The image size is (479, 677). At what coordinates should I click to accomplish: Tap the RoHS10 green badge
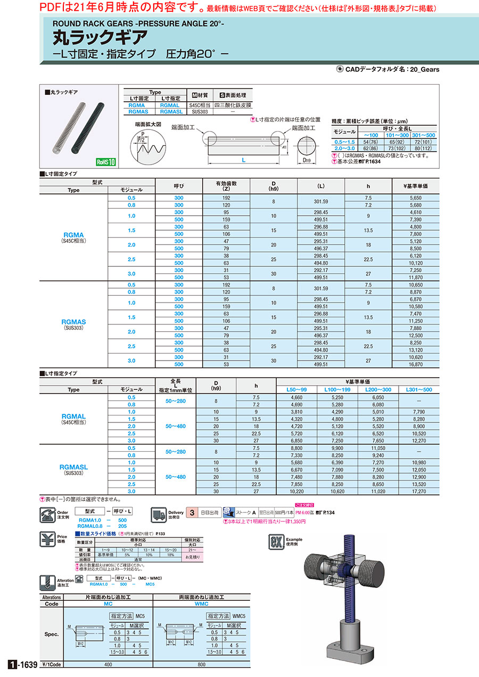pyautogui.click(x=106, y=162)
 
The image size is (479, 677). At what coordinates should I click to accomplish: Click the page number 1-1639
pyautogui.click(x=22, y=664)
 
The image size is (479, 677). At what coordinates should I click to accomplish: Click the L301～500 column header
pyautogui.click(x=419, y=389)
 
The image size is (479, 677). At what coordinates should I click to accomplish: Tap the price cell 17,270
pyautogui.click(x=419, y=492)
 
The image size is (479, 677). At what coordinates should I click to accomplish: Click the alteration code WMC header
pyautogui.click(x=202, y=604)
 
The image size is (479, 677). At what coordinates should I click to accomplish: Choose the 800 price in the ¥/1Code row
pyautogui.click(x=202, y=665)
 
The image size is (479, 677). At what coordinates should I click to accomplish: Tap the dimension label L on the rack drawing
pyautogui.click(x=243, y=159)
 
